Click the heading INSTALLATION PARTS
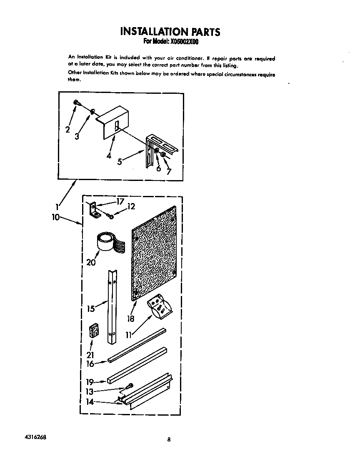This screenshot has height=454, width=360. click(x=170, y=31)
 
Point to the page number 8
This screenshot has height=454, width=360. click(x=168, y=439)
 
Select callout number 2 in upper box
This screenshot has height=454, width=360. click(x=67, y=130)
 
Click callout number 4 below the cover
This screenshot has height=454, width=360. click(x=109, y=156)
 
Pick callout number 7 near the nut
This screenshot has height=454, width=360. click(x=168, y=171)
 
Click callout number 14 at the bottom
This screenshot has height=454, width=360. click(x=90, y=402)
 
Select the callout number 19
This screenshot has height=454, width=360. click(x=90, y=381)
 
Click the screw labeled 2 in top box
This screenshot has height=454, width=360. click(x=77, y=103)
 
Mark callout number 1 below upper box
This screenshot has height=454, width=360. click(x=57, y=205)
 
